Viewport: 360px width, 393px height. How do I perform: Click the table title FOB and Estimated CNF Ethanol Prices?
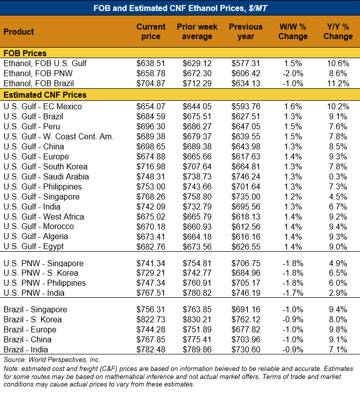(x=180, y=8)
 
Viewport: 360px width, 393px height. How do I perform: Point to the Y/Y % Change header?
(x=338, y=32)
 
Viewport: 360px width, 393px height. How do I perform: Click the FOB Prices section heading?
(x=25, y=53)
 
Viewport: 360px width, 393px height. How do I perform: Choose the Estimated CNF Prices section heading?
(x=45, y=95)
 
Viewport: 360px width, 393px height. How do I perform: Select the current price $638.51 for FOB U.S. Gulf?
(x=151, y=64)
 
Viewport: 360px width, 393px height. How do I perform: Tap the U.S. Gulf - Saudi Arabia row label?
(x=46, y=176)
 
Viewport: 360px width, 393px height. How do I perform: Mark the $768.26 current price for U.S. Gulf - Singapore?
(x=151, y=197)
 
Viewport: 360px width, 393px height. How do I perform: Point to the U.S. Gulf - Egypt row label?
(x=34, y=247)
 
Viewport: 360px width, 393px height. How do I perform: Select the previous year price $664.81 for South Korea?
(x=246, y=166)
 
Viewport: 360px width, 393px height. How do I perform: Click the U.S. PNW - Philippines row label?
(x=45, y=283)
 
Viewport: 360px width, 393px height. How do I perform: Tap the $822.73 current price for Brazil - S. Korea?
(x=151, y=320)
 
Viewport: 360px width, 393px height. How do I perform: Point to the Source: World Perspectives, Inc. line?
(x=53, y=359)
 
